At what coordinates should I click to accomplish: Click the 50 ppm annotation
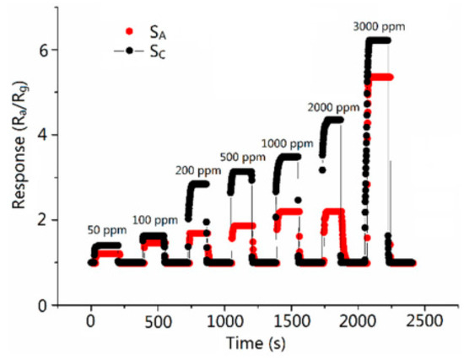tap(106, 230)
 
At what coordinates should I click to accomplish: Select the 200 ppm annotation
tap(198, 169)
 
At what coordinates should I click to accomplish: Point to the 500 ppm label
tap(242, 157)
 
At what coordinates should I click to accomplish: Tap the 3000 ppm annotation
tap(379, 26)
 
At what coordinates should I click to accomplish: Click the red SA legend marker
tap(129, 31)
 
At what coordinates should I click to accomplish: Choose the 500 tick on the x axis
tap(158, 322)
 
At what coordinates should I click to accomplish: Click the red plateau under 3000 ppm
tap(381, 77)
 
